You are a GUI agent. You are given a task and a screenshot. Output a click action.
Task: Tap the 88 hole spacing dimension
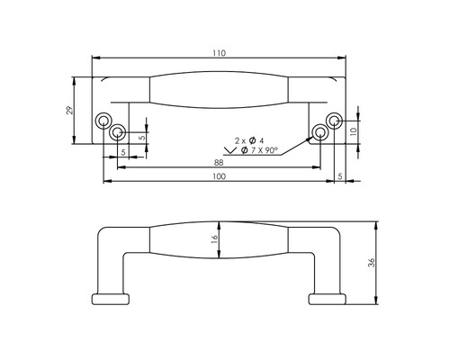(x=219, y=162)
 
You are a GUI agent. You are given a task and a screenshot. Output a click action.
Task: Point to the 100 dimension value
(x=219, y=177)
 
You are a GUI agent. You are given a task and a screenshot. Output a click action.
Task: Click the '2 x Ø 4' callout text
(x=248, y=140)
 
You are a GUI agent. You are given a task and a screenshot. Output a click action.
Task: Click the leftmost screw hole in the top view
(x=104, y=121)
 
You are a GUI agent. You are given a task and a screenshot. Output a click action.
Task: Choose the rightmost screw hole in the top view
(x=334, y=121)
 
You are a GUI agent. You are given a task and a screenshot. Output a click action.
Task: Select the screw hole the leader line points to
(x=319, y=134)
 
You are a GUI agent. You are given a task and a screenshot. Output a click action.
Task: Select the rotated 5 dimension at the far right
(x=339, y=175)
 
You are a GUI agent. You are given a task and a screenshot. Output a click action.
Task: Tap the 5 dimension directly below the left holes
(x=123, y=152)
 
